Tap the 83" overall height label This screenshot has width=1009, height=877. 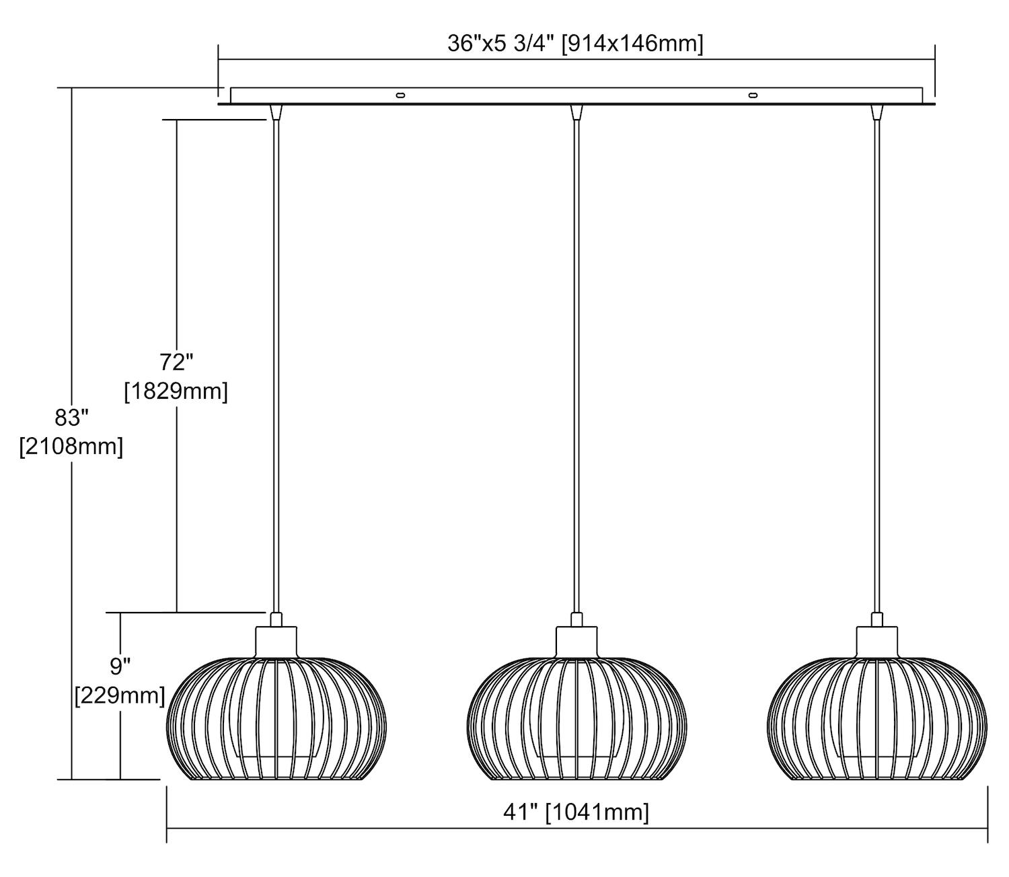pos(71,418)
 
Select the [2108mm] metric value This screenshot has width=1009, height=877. pos(71,447)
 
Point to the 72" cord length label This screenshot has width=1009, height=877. pos(176,363)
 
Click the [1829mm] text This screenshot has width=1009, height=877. pos(176,391)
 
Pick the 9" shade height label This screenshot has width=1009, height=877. pos(120,666)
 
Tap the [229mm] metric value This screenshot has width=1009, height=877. pos(120,695)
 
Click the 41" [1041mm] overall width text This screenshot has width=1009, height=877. pos(576,812)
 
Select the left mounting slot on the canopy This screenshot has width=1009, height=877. pos(400,95)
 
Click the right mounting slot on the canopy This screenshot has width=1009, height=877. pos(753,95)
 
